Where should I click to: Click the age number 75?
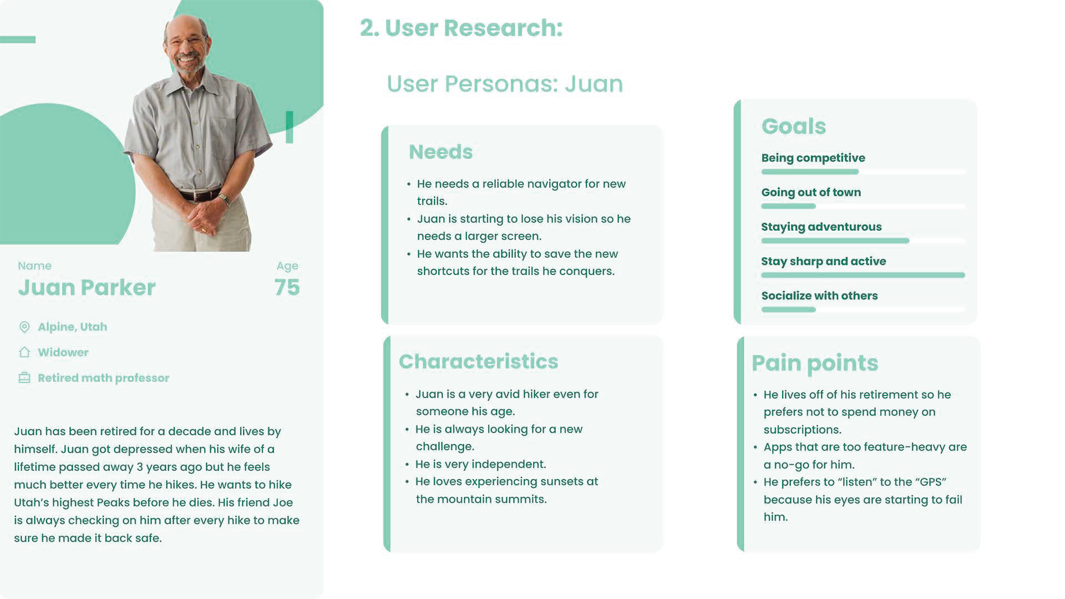pyautogui.click(x=287, y=287)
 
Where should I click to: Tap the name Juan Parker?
pyautogui.click(x=87, y=287)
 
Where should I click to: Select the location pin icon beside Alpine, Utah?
pyautogui.click(x=24, y=327)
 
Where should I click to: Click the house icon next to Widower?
pyautogui.click(x=24, y=352)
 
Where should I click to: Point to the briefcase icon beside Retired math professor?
pyautogui.click(x=24, y=378)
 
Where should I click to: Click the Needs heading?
pyautogui.click(x=440, y=152)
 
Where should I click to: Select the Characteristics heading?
pyautogui.click(x=478, y=362)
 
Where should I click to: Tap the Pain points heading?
pyautogui.click(x=814, y=363)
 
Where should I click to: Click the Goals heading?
pyautogui.click(x=793, y=126)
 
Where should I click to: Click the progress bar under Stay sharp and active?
pyautogui.click(x=863, y=275)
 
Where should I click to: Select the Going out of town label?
pyautogui.click(x=810, y=192)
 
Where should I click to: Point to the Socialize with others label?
pyautogui.click(x=819, y=296)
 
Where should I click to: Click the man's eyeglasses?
pyautogui.click(x=187, y=42)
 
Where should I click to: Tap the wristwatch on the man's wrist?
pyautogui.click(x=224, y=198)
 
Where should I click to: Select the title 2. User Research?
pyautogui.click(x=461, y=28)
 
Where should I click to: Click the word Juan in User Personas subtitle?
pyautogui.click(x=594, y=84)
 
